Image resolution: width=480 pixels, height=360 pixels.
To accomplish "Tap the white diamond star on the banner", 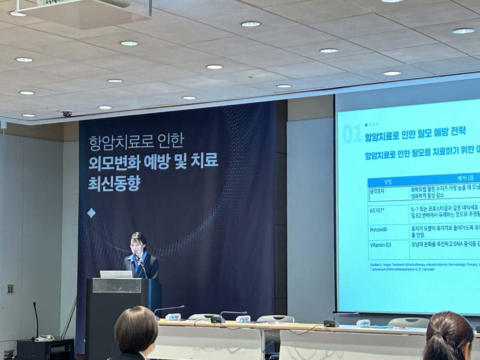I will point(91,213).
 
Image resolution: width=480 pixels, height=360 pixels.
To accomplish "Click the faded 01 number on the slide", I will point(352,135).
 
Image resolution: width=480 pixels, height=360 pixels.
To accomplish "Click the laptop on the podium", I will point(116,274).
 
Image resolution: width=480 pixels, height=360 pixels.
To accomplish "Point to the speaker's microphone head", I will point(136,254).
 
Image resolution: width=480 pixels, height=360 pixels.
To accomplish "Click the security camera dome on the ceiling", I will point(67,114).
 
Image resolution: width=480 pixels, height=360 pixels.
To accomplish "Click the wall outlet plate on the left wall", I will point(10,288).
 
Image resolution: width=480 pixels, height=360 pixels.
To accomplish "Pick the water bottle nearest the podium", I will point(173,316).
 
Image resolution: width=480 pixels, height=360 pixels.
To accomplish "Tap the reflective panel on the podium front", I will point(117,286).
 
